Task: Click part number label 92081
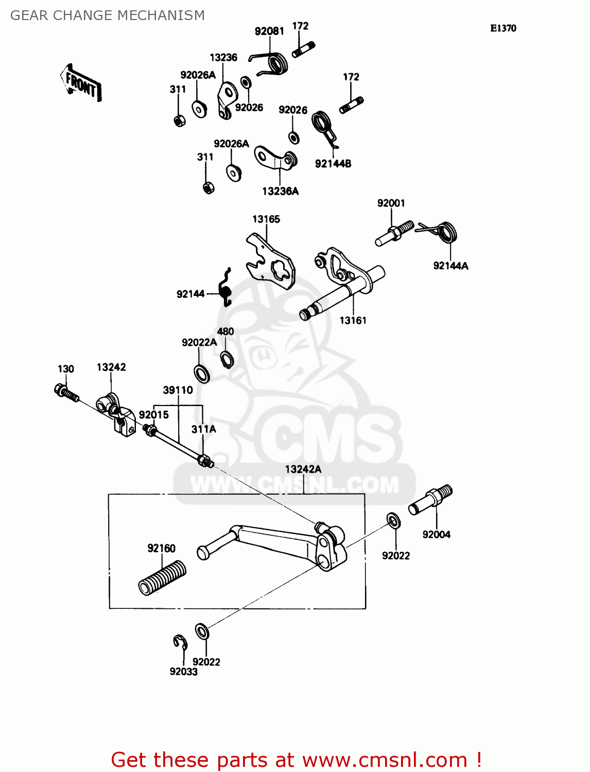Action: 269,31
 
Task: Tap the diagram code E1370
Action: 502,28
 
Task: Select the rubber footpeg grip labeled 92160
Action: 162,577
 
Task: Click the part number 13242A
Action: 303,469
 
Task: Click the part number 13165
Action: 266,219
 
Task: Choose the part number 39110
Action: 178,390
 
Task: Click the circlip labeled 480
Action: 227,359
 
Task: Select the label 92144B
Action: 333,164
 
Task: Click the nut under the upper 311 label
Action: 180,120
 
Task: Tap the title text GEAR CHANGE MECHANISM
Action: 107,15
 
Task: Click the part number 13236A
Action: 280,191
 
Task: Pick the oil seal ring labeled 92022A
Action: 202,373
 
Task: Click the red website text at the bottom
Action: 296,760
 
